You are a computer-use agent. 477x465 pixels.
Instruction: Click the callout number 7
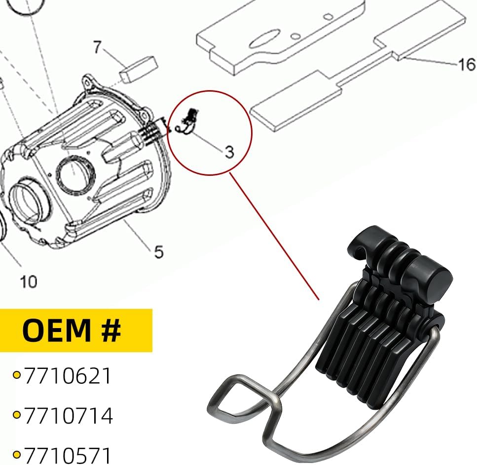(97, 47)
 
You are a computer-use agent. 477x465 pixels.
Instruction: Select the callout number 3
(229, 152)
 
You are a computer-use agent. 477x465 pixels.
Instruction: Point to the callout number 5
(159, 252)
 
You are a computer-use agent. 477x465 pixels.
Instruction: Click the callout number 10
(29, 282)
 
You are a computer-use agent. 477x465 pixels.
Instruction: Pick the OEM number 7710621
(68, 376)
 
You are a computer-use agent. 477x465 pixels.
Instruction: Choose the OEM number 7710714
(69, 415)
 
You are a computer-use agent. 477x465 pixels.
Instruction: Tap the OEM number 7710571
(68, 455)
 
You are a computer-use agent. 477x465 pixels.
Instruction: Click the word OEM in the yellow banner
(56, 330)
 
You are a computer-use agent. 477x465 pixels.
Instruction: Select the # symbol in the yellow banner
(110, 330)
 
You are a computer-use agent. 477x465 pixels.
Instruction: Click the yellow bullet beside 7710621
(17, 375)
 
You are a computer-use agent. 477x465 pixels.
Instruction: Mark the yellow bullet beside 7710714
(17, 415)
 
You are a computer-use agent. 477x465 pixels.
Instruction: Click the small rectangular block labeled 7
(139, 68)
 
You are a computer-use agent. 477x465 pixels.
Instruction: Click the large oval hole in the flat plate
(264, 39)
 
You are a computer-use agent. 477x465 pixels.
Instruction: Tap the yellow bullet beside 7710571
(17, 455)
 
